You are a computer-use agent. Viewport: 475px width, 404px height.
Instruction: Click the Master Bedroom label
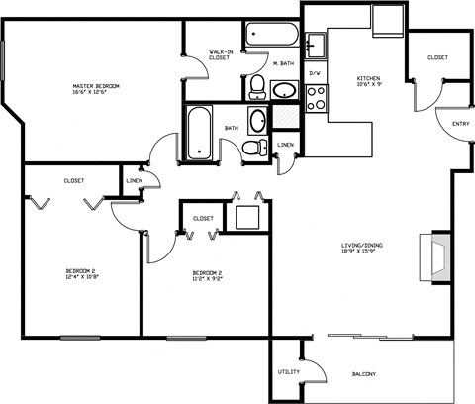click(96, 86)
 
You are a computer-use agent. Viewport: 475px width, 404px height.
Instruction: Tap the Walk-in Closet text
click(220, 54)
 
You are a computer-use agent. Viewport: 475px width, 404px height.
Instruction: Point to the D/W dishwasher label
click(316, 74)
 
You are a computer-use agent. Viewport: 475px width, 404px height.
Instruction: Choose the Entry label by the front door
click(460, 124)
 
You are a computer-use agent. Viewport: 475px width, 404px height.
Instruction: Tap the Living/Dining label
click(364, 246)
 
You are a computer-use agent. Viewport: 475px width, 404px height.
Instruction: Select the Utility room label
click(288, 371)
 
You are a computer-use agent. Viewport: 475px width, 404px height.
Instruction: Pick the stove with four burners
click(317, 97)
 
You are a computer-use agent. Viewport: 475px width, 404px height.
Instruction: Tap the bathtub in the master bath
click(272, 33)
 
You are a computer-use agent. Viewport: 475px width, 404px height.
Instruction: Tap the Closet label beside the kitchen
click(436, 57)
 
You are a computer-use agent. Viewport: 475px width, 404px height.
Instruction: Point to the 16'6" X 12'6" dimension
click(96, 94)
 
